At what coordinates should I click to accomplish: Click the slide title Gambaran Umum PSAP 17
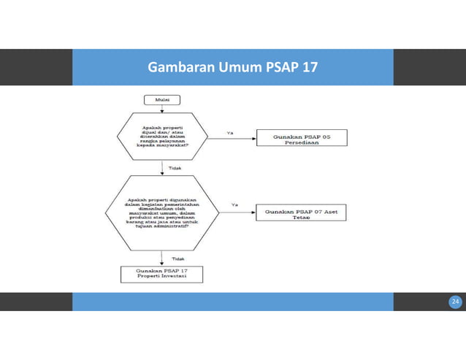(232, 68)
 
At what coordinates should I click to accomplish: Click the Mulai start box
(162, 99)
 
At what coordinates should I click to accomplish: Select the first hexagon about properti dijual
(162, 137)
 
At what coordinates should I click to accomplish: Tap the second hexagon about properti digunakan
(162, 212)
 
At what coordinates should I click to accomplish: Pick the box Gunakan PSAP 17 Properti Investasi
(161, 274)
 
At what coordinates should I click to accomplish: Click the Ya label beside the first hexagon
(230, 133)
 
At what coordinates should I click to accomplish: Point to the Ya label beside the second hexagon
(234, 205)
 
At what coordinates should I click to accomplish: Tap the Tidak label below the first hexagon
(175, 167)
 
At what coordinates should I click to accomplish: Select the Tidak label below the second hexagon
(177, 258)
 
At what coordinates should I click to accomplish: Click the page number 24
(455, 302)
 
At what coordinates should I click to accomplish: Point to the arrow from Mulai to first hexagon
(162, 109)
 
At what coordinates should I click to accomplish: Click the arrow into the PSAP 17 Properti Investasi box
(162, 259)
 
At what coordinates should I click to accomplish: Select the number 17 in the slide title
(310, 68)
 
